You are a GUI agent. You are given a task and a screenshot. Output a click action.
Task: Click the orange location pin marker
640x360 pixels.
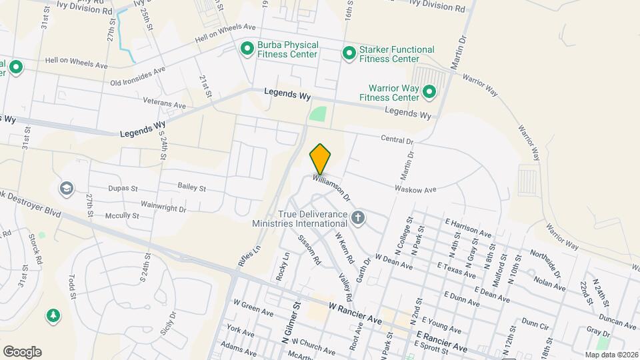321,159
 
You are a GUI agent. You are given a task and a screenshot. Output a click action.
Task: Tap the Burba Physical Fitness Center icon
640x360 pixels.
247,49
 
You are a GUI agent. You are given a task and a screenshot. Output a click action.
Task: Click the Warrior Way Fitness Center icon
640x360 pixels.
430,92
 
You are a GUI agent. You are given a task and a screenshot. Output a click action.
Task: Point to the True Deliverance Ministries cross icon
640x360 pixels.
357,218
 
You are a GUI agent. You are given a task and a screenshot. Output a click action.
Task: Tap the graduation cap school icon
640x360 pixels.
66,188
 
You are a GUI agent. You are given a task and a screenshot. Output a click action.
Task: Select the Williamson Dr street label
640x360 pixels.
331,187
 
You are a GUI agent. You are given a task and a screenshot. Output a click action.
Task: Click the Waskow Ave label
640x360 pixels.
415,189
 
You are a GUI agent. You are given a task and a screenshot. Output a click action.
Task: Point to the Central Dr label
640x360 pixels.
397,141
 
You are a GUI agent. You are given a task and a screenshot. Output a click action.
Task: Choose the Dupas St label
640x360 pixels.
123,189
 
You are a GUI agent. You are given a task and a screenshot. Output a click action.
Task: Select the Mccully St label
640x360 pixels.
122,216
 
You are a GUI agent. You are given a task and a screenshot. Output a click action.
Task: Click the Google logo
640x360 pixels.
22,351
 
